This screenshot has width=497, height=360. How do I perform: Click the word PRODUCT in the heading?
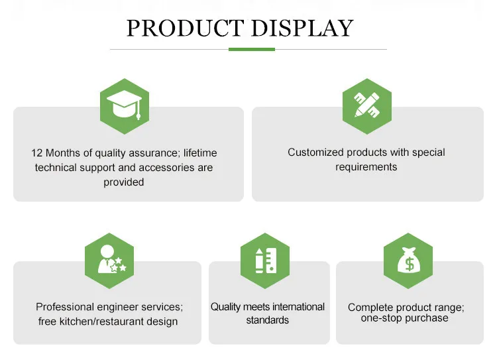pyautogui.click(x=186, y=29)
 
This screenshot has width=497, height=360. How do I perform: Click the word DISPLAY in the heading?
pyautogui.click(x=302, y=29)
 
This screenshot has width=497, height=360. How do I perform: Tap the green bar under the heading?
pyautogui.click(x=252, y=49)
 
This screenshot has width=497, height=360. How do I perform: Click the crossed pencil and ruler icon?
pyautogui.click(x=366, y=105)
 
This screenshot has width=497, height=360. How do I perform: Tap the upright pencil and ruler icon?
pyautogui.click(x=266, y=261)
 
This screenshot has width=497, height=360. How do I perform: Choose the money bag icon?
pyautogui.click(x=409, y=260)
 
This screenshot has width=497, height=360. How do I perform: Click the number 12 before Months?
pyautogui.click(x=36, y=153)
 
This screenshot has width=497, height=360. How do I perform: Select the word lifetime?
pyautogui.click(x=200, y=153)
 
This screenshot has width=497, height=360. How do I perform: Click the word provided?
pyautogui.click(x=124, y=182)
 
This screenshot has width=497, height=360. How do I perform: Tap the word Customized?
pyautogui.click(x=315, y=152)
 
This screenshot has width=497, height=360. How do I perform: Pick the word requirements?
pyautogui.click(x=366, y=167)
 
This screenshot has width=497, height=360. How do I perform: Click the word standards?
pyautogui.click(x=268, y=320)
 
